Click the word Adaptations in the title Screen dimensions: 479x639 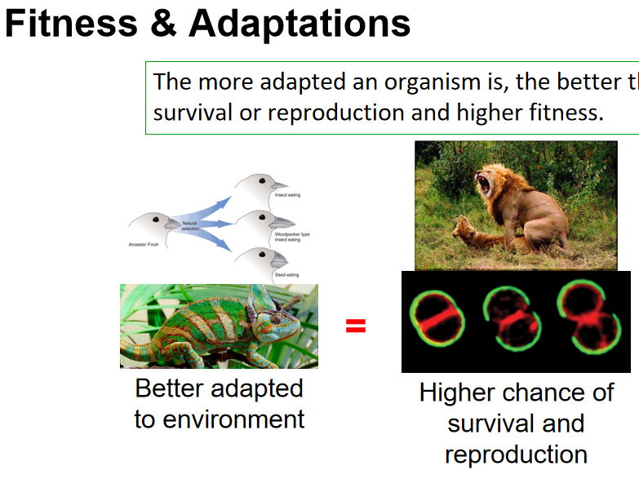click(x=300, y=24)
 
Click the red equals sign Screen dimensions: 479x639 click(x=355, y=326)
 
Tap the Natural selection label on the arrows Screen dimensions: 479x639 click(x=190, y=225)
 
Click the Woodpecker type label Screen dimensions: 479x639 click(x=292, y=233)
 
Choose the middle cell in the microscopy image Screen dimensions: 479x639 click(x=511, y=319)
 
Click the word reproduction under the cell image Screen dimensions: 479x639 click(x=516, y=454)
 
